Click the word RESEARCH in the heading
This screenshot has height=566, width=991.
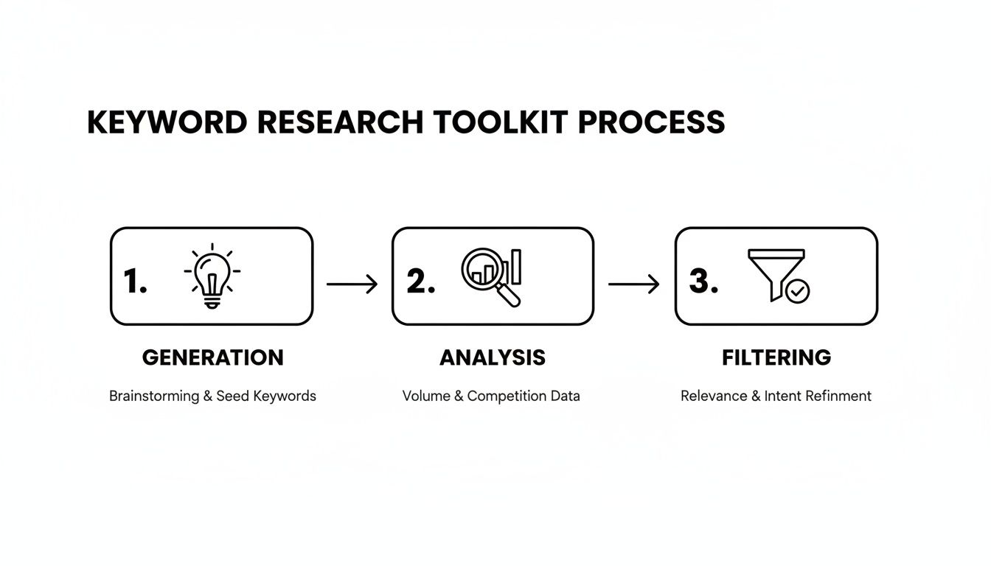(x=340, y=122)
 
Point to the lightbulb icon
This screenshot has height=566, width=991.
(x=212, y=276)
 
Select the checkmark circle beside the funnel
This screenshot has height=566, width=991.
(x=797, y=291)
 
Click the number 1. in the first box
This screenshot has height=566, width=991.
(x=135, y=282)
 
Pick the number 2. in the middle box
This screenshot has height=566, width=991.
(x=420, y=282)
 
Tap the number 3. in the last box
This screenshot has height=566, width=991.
(x=703, y=282)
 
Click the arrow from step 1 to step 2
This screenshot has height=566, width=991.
(x=352, y=284)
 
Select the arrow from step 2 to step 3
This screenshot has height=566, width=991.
(x=633, y=284)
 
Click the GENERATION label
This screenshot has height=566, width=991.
(x=212, y=358)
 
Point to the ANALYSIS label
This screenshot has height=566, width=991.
(x=493, y=358)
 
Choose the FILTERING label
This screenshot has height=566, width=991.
(x=776, y=358)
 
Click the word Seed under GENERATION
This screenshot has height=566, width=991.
(x=232, y=396)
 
